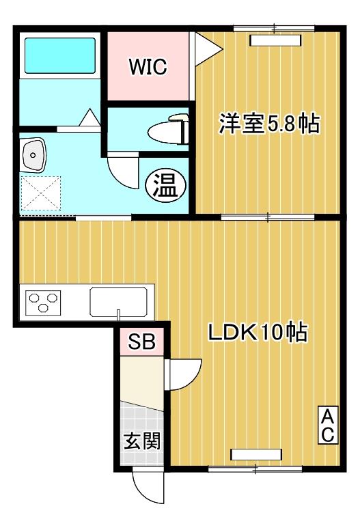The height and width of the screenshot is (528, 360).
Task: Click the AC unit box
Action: (x=327, y=424)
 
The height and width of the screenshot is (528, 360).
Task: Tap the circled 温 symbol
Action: (x=164, y=184)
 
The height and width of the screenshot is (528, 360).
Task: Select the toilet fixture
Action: (x=168, y=128)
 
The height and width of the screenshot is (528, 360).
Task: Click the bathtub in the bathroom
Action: (x=59, y=55)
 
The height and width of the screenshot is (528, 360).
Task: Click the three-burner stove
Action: (x=44, y=301)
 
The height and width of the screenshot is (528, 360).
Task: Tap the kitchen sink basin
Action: (x=119, y=301)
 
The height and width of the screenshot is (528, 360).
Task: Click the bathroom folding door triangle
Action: (x=89, y=118)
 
